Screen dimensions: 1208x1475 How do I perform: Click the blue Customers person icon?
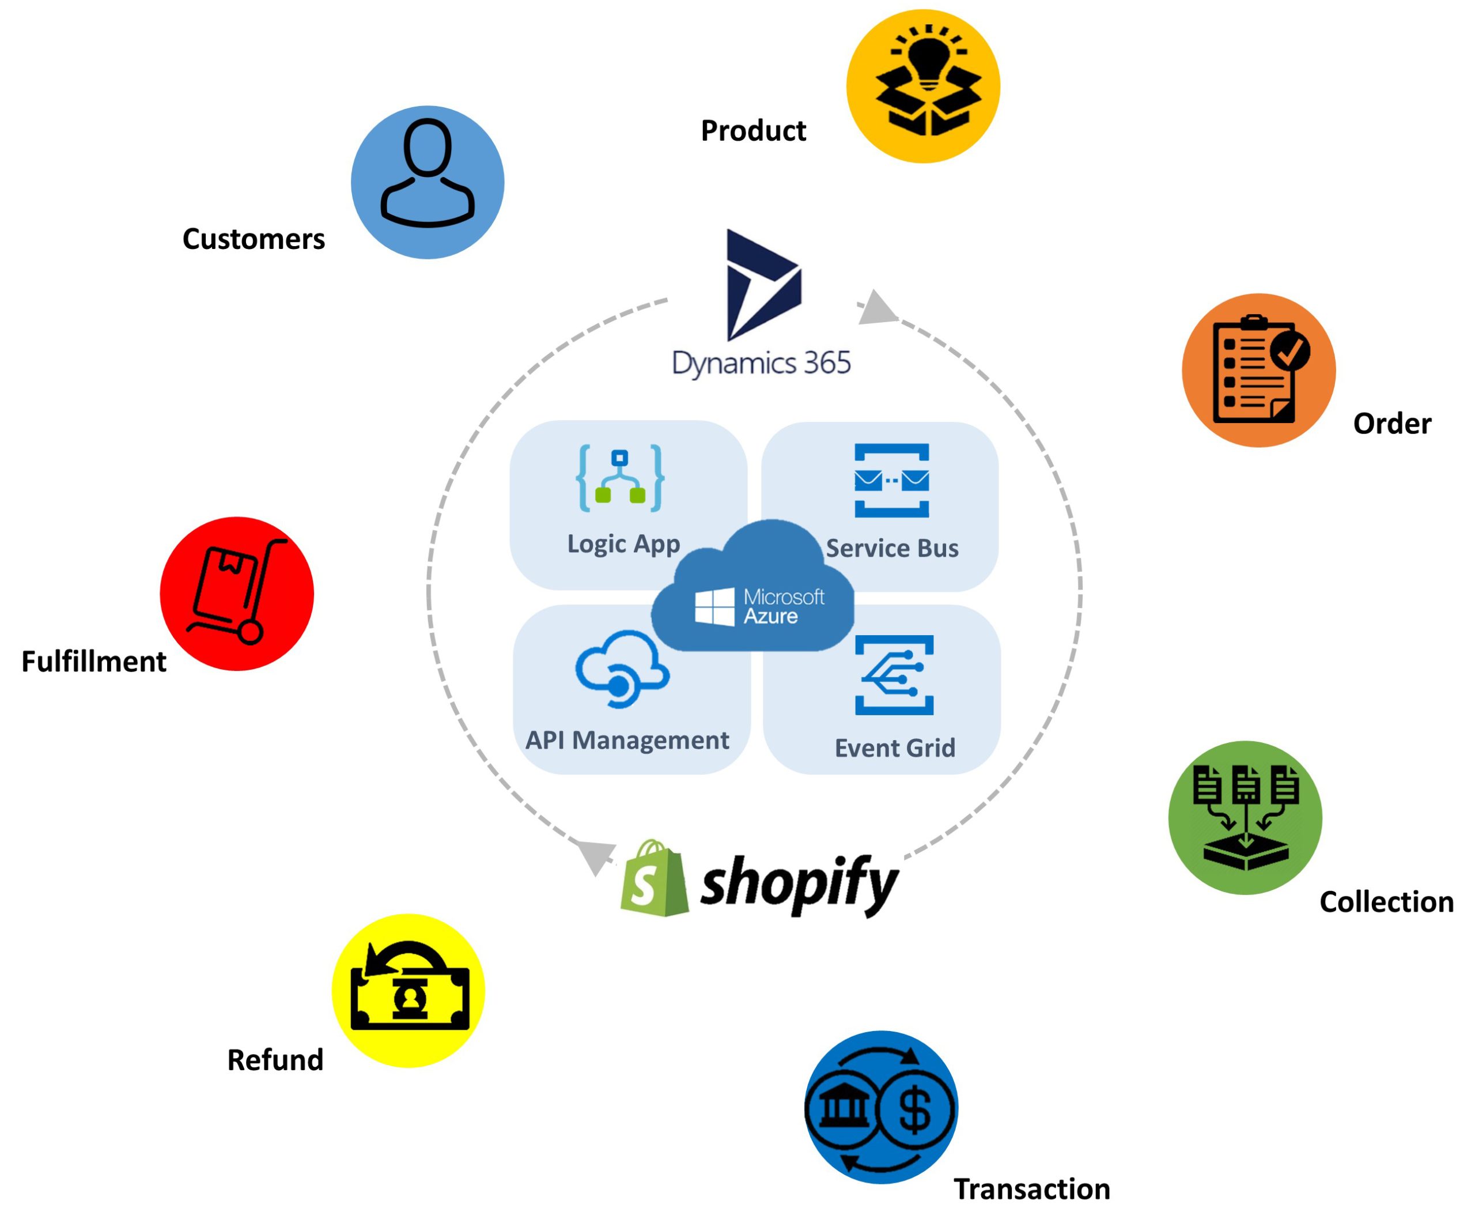(427, 182)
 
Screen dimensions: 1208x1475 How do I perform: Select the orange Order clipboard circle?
(1258, 369)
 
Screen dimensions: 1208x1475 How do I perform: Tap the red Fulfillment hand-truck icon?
(237, 593)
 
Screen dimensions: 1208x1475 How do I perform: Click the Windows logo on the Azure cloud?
(714, 606)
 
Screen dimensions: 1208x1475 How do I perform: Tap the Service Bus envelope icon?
(891, 480)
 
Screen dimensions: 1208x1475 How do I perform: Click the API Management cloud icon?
(621, 669)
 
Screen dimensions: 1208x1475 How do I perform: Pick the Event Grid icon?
(894, 674)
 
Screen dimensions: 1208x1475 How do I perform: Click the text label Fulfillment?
(94, 661)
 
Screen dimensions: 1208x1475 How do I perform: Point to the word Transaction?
(1031, 1188)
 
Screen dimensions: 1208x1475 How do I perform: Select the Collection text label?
(1386, 902)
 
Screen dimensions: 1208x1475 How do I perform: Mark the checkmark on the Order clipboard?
(1291, 351)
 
